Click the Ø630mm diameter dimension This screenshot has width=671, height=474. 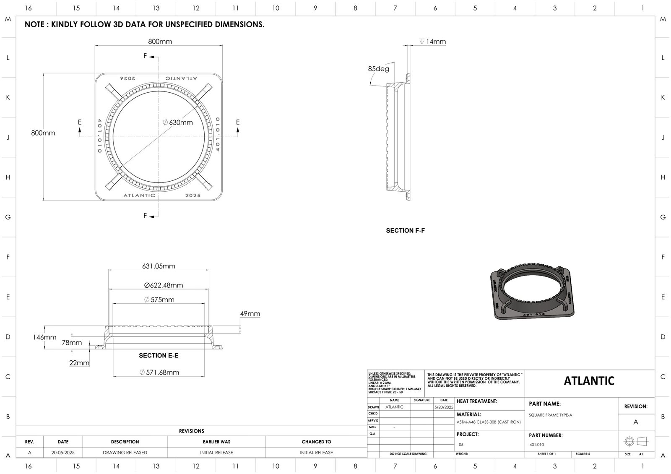tap(178, 122)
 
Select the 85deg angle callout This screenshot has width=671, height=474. tap(378, 69)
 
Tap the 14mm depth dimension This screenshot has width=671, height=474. tap(435, 42)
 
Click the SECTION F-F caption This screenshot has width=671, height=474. tap(405, 231)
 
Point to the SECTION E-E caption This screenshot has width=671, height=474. tap(159, 355)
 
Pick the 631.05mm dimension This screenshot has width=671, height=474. tap(159, 266)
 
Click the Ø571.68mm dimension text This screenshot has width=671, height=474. tap(159, 372)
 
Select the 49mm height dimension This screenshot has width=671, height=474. tap(250, 314)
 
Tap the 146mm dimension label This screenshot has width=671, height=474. tap(44, 337)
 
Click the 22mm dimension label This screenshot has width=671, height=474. tap(79, 363)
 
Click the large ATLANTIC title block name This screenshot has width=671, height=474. tap(589, 381)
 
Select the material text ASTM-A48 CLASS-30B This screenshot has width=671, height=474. tap(488, 422)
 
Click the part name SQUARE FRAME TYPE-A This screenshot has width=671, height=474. tap(550, 415)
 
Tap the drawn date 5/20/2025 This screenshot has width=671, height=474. tap(444, 407)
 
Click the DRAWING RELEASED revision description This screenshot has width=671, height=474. tap(125, 453)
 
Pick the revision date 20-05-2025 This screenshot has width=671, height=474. tap(63, 453)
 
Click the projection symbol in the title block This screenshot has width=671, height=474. tap(636, 441)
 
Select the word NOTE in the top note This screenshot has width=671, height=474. tap(35, 24)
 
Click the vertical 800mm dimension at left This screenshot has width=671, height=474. tap(43, 133)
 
